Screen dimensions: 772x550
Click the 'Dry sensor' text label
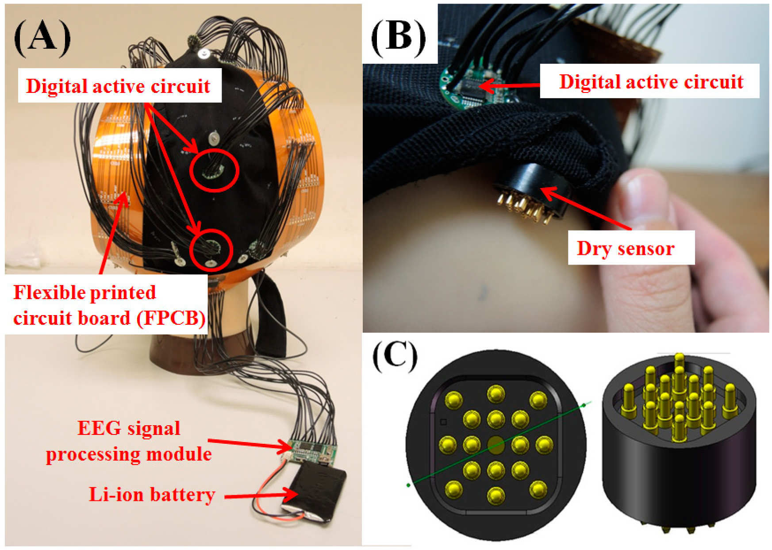(626, 248)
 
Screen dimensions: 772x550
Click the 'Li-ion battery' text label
(152, 494)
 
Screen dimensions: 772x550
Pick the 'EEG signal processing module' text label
(129, 441)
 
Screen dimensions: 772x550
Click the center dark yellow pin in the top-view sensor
(496, 445)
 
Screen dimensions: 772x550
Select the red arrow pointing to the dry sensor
(586, 208)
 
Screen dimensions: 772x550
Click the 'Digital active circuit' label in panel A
(118, 86)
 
